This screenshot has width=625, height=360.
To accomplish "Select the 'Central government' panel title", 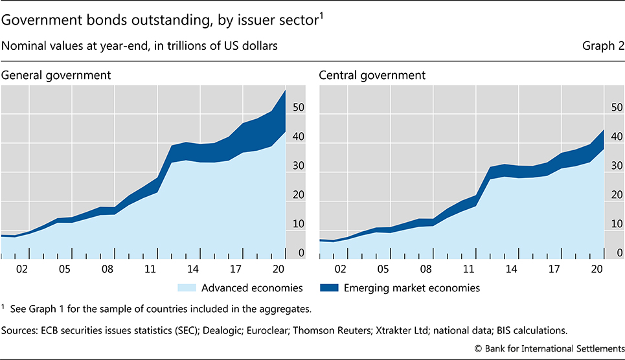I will [372, 75].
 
